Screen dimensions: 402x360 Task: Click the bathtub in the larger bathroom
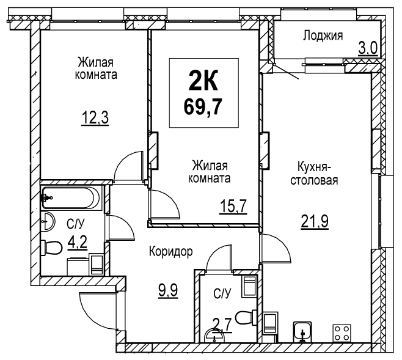click(x=71, y=198)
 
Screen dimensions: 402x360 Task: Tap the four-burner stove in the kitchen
click(x=342, y=333)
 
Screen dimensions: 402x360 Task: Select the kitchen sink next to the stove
click(x=302, y=331)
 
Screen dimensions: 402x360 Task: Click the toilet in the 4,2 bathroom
click(x=51, y=248)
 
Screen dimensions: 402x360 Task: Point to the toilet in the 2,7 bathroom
click(x=246, y=318)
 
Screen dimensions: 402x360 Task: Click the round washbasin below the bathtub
click(x=48, y=221)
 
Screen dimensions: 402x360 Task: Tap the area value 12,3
click(x=95, y=119)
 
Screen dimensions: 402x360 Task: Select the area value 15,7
click(x=233, y=207)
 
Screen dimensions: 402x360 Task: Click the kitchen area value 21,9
click(x=315, y=221)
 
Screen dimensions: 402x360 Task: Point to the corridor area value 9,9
click(x=168, y=290)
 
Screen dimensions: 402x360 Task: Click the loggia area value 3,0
click(x=368, y=48)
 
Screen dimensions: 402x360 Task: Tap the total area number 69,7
click(x=203, y=106)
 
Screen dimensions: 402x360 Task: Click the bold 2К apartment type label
click(x=203, y=80)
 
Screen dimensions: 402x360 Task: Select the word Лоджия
click(x=323, y=35)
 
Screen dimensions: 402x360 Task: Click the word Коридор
click(x=170, y=252)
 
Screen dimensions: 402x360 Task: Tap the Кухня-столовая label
click(x=314, y=174)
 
